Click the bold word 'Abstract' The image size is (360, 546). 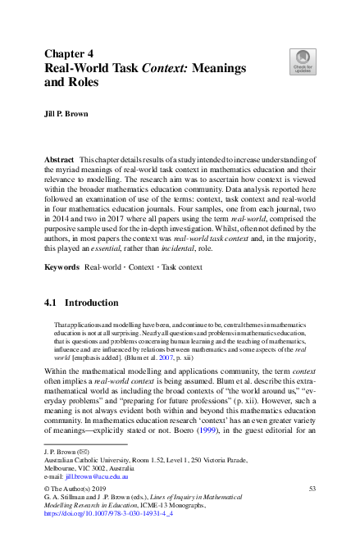click(x=60, y=157)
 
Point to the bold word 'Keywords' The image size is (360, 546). click(x=62, y=245)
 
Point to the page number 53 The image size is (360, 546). click(x=312, y=489)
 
